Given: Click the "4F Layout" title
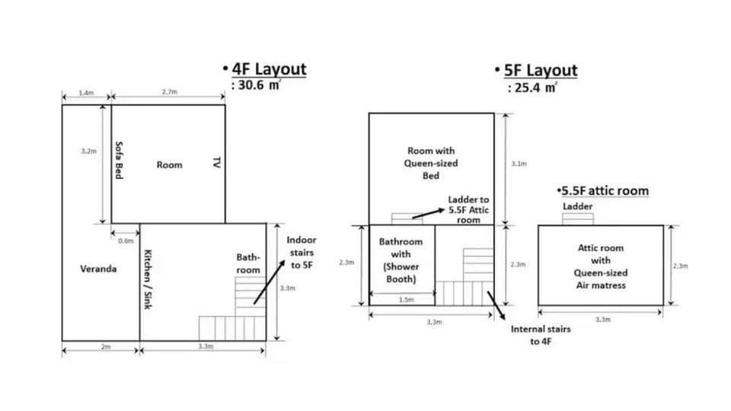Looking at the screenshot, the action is [x=269, y=69].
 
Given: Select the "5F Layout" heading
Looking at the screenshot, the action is [x=541, y=71].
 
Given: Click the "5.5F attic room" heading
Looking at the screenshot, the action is [x=605, y=190].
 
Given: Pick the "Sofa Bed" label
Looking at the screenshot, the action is [x=119, y=160].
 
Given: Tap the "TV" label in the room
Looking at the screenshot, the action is [x=216, y=163].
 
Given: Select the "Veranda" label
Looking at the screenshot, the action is [x=98, y=269].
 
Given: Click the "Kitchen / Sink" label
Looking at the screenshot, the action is [x=148, y=279].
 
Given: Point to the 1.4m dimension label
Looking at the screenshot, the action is [x=86, y=93].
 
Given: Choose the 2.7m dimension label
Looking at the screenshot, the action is [x=170, y=92].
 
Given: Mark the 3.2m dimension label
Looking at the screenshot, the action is [x=88, y=151].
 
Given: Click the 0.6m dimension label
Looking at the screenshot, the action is [x=126, y=241].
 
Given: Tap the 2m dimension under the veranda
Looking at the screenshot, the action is [x=106, y=347].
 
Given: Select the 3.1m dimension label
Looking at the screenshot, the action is [x=519, y=164].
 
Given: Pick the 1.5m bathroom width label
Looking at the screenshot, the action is [x=406, y=300].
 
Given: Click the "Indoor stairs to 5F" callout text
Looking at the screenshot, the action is [x=302, y=253].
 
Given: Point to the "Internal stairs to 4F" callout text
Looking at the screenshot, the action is [x=541, y=335].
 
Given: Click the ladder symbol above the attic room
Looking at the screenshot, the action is [x=578, y=219].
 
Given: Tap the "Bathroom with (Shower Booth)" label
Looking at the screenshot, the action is [x=401, y=260].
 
